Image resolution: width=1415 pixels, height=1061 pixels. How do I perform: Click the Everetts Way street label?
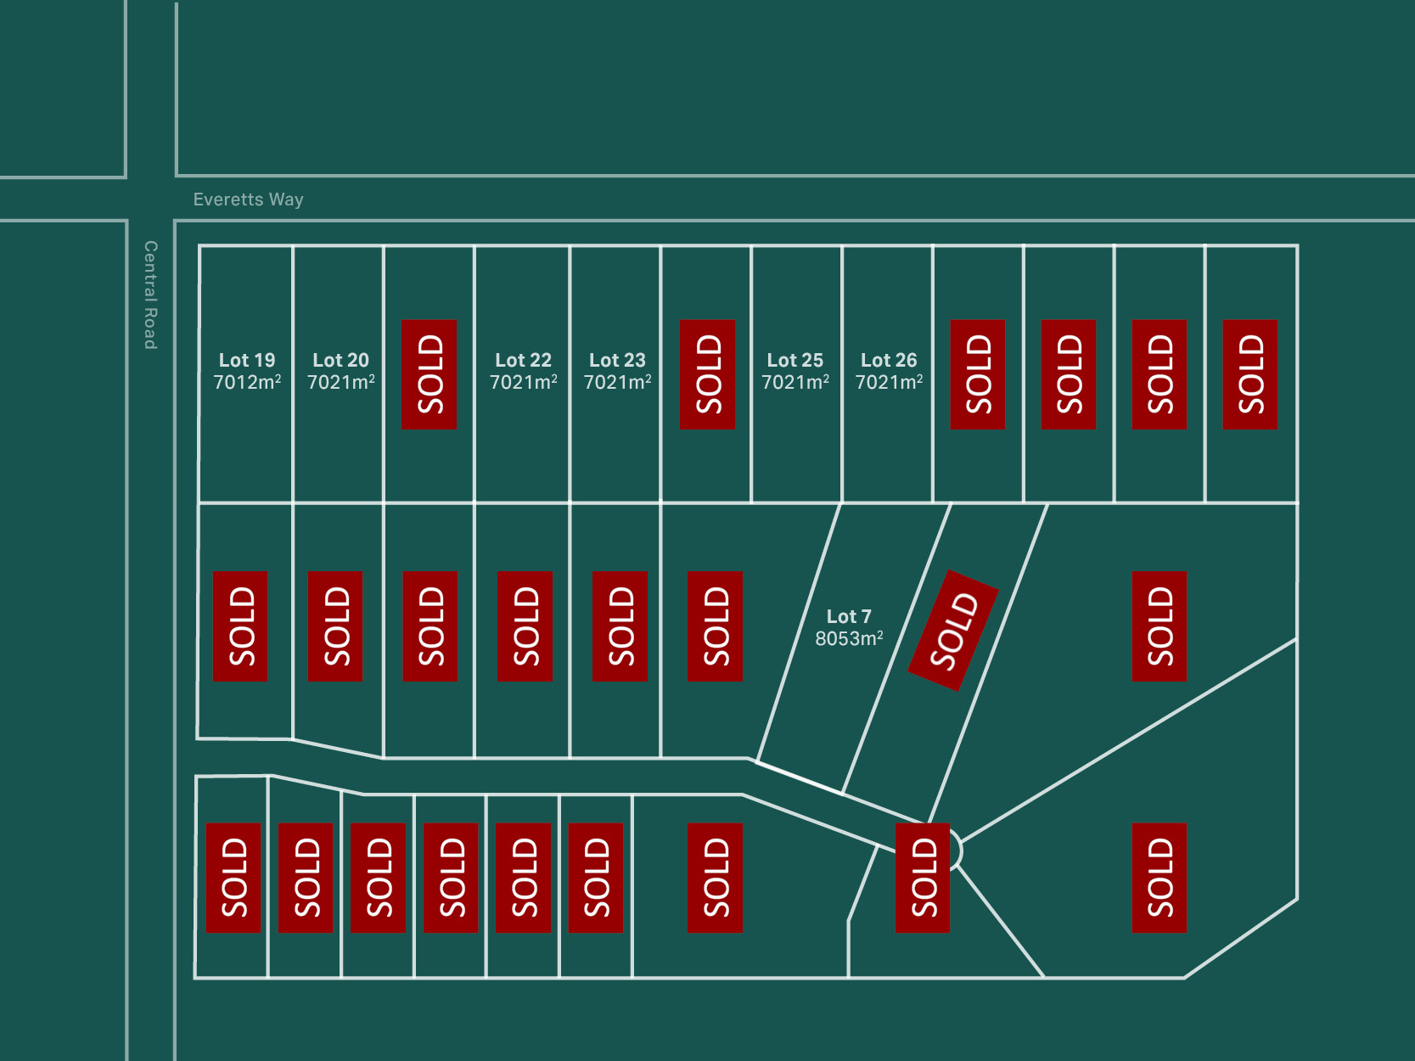(248, 199)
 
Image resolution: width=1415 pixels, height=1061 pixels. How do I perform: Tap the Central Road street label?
(150, 295)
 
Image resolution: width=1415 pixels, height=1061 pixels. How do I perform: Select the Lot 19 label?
(247, 360)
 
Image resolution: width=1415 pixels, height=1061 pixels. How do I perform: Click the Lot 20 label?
(340, 360)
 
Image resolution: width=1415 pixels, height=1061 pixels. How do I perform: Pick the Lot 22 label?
(523, 360)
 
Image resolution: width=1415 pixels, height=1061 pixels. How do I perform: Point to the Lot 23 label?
(617, 360)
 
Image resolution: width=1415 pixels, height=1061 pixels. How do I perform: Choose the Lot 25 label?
(795, 360)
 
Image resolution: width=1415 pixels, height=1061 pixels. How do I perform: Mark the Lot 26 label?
(889, 360)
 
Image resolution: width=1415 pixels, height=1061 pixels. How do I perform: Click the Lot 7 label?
(849, 616)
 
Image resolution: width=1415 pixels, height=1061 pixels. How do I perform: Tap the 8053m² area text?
(849, 638)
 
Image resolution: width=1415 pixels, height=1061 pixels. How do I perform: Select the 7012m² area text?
(247, 383)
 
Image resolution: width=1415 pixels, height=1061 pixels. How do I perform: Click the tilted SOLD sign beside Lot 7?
(953, 630)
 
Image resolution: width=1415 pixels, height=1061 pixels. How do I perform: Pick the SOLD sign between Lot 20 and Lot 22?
(429, 374)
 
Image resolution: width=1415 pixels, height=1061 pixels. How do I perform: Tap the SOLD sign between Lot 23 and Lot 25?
(707, 374)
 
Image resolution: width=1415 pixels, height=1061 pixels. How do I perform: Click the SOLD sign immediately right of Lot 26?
(977, 374)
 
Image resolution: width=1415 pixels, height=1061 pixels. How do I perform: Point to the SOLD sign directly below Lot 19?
(240, 626)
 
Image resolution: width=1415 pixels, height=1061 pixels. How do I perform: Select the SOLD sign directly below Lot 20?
(335, 626)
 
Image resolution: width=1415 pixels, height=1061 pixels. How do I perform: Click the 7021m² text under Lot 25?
(795, 383)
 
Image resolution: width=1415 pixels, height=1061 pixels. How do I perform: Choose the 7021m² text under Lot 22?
(523, 383)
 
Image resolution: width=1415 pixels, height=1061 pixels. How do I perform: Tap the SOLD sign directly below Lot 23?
(620, 626)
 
